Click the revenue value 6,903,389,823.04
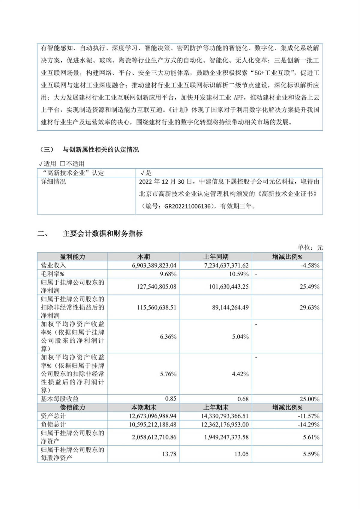point(154,265)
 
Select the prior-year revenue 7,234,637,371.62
point(226,265)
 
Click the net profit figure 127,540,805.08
point(156,287)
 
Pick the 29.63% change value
point(309,307)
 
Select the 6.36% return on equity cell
point(168,337)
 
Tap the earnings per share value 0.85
point(171,399)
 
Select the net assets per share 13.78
point(169,454)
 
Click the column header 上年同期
point(216,257)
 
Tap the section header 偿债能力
point(72,408)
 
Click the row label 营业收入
point(53,265)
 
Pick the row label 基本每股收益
point(60,399)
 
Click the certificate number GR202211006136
point(187,206)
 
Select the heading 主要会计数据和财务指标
point(103,234)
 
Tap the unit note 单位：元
point(310,248)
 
